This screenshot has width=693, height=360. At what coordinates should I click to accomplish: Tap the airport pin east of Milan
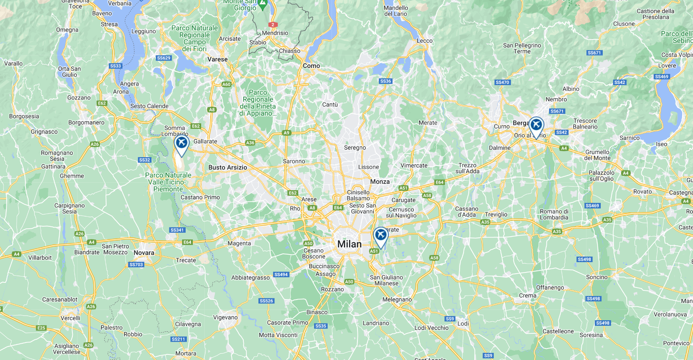pyautogui.click(x=380, y=235)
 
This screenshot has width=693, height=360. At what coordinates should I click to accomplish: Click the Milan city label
pyautogui.click(x=349, y=244)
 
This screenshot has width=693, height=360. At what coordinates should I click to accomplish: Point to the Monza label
pyautogui.click(x=380, y=182)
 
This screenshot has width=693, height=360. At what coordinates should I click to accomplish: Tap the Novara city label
pyautogui.click(x=144, y=253)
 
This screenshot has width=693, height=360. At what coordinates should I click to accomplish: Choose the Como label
pyautogui.click(x=311, y=66)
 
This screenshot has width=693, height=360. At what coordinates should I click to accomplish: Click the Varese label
pyautogui.click(x=217, y=60)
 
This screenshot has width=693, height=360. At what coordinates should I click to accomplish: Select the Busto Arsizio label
pyautogui.click(x=227, y=167)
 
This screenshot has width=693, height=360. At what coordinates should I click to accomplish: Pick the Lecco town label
pyautogui.click(x=424, y=41)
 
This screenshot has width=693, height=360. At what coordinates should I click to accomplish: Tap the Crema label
pyautogui.click(x=528, y=296)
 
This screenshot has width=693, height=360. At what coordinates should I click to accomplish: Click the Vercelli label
pyautogui.click(x=70, y=318)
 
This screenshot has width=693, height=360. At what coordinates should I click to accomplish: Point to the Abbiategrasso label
pyautogui.click(x=250, y=278)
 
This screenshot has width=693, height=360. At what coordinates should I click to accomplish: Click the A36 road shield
pyautogui.click(x=250, y=143)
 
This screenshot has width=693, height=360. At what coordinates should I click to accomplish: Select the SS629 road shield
pyautogui.click(x=163, y=58)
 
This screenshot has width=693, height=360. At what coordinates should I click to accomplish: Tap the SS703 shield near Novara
pyautogui.click(x=136, y=265)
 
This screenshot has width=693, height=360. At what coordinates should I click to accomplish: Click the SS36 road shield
pyautogui.click(x=385, y=81)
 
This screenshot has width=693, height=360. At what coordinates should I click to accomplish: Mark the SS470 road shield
pyautogui.click(x=502, y=82)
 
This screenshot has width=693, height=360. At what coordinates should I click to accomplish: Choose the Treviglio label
pyautogui.click(x=496, y=214)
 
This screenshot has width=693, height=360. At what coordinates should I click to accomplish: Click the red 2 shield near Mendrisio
pyautogui.click(x=273, y=25)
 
